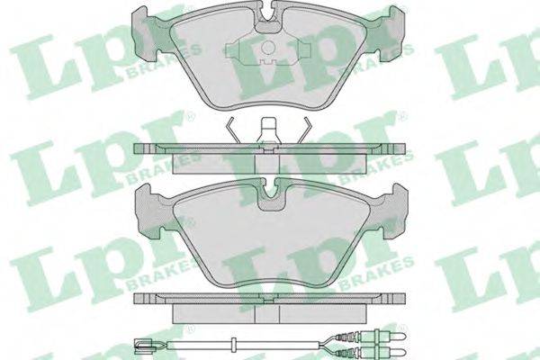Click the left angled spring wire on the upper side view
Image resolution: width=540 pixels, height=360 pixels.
pos(233,130)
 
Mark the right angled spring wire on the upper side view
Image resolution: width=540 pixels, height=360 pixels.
pos(305,130)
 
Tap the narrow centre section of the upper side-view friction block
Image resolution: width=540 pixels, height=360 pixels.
pos(267,164)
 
